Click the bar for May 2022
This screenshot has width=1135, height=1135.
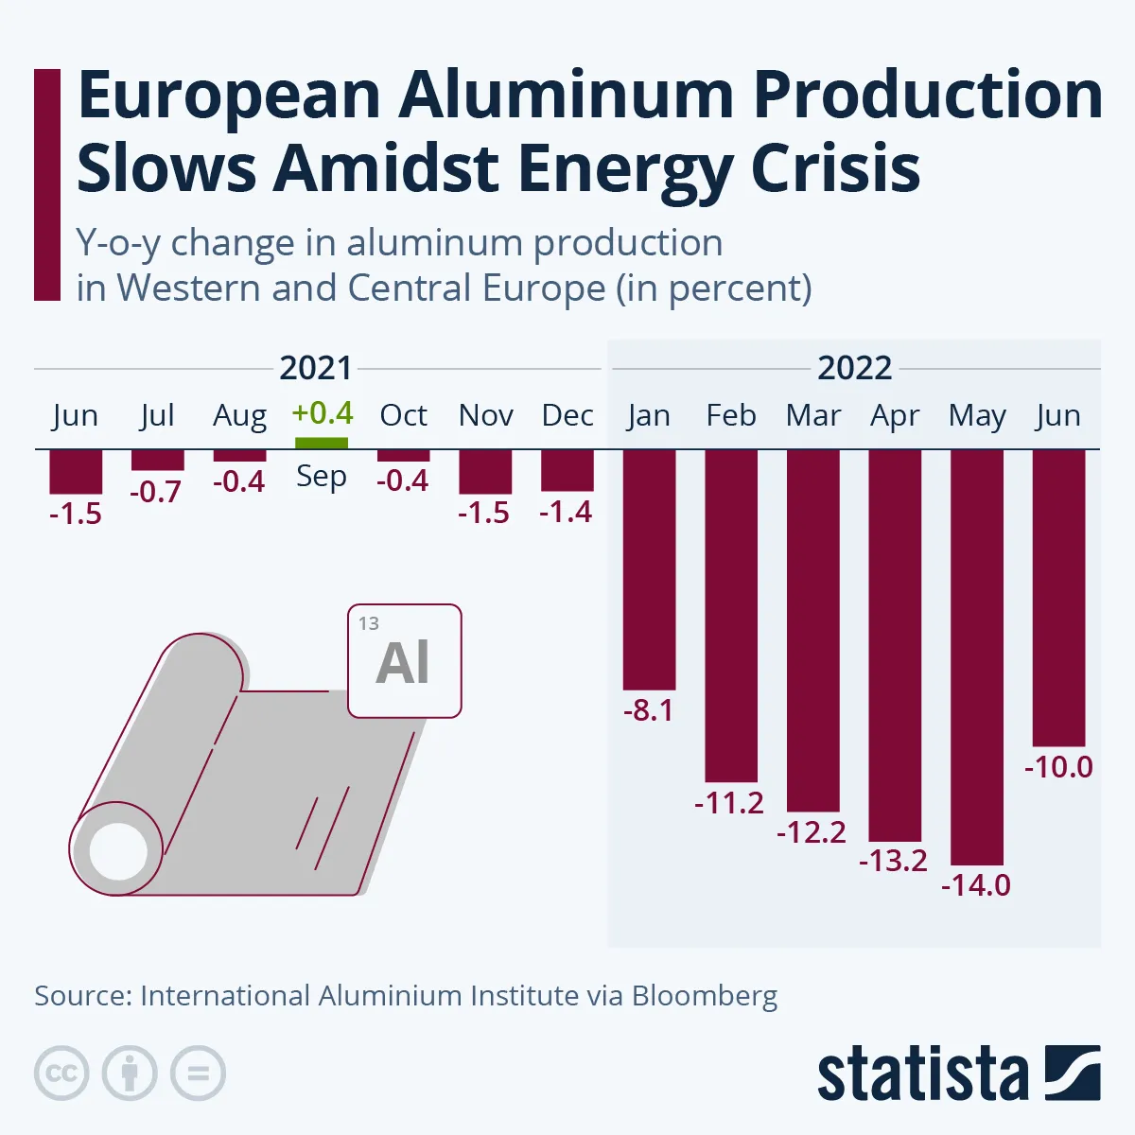977,656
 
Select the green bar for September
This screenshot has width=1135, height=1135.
322,443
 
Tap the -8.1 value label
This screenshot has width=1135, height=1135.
649,710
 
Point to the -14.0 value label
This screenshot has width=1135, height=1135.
976,885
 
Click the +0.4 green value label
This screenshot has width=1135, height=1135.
323,413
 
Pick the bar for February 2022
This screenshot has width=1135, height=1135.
731,615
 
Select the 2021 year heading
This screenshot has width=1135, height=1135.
316,368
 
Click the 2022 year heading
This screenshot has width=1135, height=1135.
854,368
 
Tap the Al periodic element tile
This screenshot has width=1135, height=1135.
405,661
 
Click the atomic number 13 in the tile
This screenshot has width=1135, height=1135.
369,623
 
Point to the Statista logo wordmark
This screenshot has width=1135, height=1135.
922,1075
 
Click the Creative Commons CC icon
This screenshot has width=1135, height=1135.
61,1074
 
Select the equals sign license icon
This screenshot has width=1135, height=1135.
198,1074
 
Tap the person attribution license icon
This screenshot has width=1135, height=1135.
130,1074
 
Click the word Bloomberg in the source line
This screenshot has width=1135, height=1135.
705,996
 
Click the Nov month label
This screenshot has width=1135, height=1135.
485,415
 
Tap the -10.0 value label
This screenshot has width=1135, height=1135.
1058,767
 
